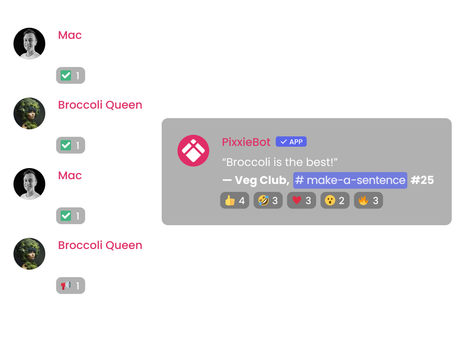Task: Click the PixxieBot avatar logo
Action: pyautogui.click(x=193, y=151)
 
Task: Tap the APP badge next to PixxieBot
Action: pyautogui.click(x=291, y=142)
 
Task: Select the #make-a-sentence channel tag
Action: pyautogui.click(x=350, y=180)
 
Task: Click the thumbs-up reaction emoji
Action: pyautogui.click(x=230, y=201)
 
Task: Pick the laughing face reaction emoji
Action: pyautogui.click(x=263, y=201)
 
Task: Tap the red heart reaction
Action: pyautogui.click(x=297, y=201)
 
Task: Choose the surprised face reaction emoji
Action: pyautogui.click(x=330, y=201)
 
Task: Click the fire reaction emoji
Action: pyautogui.click(x=363, y=201)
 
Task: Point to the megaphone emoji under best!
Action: pyautogui.click(x=65, y=285)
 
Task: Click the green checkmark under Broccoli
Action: pyautogui.click(x=66, y=76)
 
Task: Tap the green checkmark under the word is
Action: pyautogui.click(x=66, y=146)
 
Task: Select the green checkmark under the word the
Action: pyautogui.click(x=66, y=216)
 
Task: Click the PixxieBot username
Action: pyautogui.click(x=246, y=142)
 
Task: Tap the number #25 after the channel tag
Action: pyautogui.click(x=422, y=180)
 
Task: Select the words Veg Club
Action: pyautogui.click(x=261, y=180)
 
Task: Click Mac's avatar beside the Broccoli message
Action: pyautogui.click(x=29, y=44)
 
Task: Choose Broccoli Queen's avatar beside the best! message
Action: pyautogui.click(x=29, y=254)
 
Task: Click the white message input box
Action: pyautogui.click(x=202, y=324)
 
